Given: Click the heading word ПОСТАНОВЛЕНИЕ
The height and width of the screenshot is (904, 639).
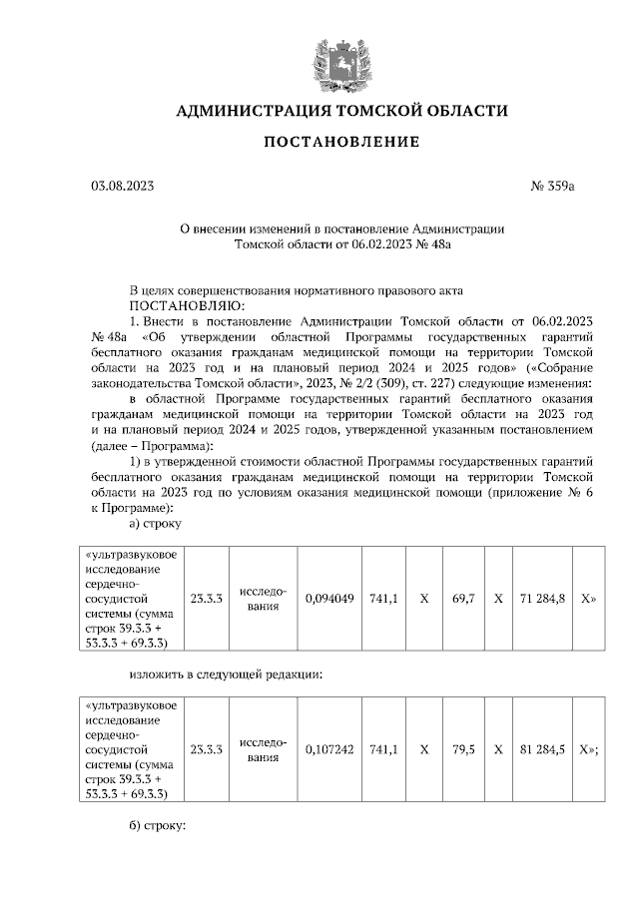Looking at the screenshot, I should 341,142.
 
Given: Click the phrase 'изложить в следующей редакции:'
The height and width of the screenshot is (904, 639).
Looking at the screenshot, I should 226,675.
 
